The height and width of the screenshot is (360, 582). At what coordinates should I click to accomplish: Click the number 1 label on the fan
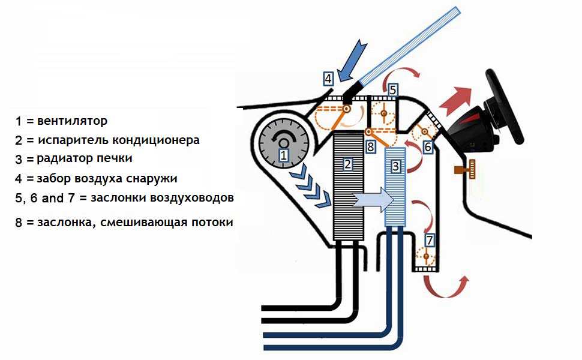click(x=284, y=155)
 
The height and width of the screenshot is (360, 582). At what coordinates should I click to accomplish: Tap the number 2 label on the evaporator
click(x=347, y=163)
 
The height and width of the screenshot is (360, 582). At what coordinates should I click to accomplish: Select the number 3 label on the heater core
click(x=395, y=164)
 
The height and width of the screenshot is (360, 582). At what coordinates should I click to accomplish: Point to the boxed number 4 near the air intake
click(x=328, y=78)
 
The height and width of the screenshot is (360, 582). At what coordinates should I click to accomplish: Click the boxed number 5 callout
click(x=392, y=90)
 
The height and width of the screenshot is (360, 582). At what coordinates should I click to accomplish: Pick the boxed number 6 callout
click(x=428, y=146)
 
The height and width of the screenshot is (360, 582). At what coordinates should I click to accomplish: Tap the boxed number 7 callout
click(x=429, y=240)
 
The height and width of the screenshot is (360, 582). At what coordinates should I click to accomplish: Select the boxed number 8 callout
click(x=370, y=146)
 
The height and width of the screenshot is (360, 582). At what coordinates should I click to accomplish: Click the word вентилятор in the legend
click(x=72, y=121)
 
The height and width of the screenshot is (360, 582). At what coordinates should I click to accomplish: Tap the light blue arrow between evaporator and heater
click(x=372, y=199)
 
